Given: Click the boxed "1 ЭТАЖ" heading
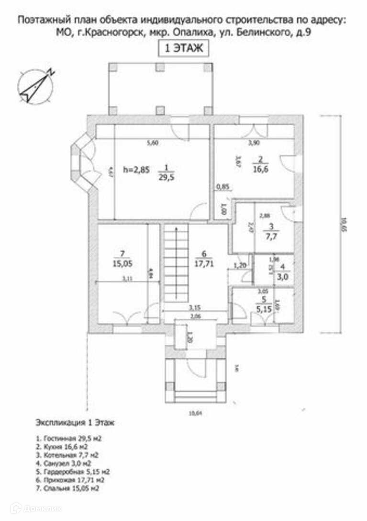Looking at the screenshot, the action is pyautogui.click(x=183, y=48).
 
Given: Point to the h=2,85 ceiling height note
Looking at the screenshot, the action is pyautogui.click(x=136, y=169).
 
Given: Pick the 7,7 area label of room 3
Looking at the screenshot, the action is pyautogui.click(x=270, y=236).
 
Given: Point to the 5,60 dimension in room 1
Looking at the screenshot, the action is pyautogui.click(x=152, y=142).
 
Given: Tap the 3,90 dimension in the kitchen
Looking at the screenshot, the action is pyautogui.click(x=254, y=142).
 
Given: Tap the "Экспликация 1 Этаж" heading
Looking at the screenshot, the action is pyautogui.click(x=75, y=423).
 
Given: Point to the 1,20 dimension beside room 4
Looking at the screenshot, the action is pyautogui.click(x=239, y=265).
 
